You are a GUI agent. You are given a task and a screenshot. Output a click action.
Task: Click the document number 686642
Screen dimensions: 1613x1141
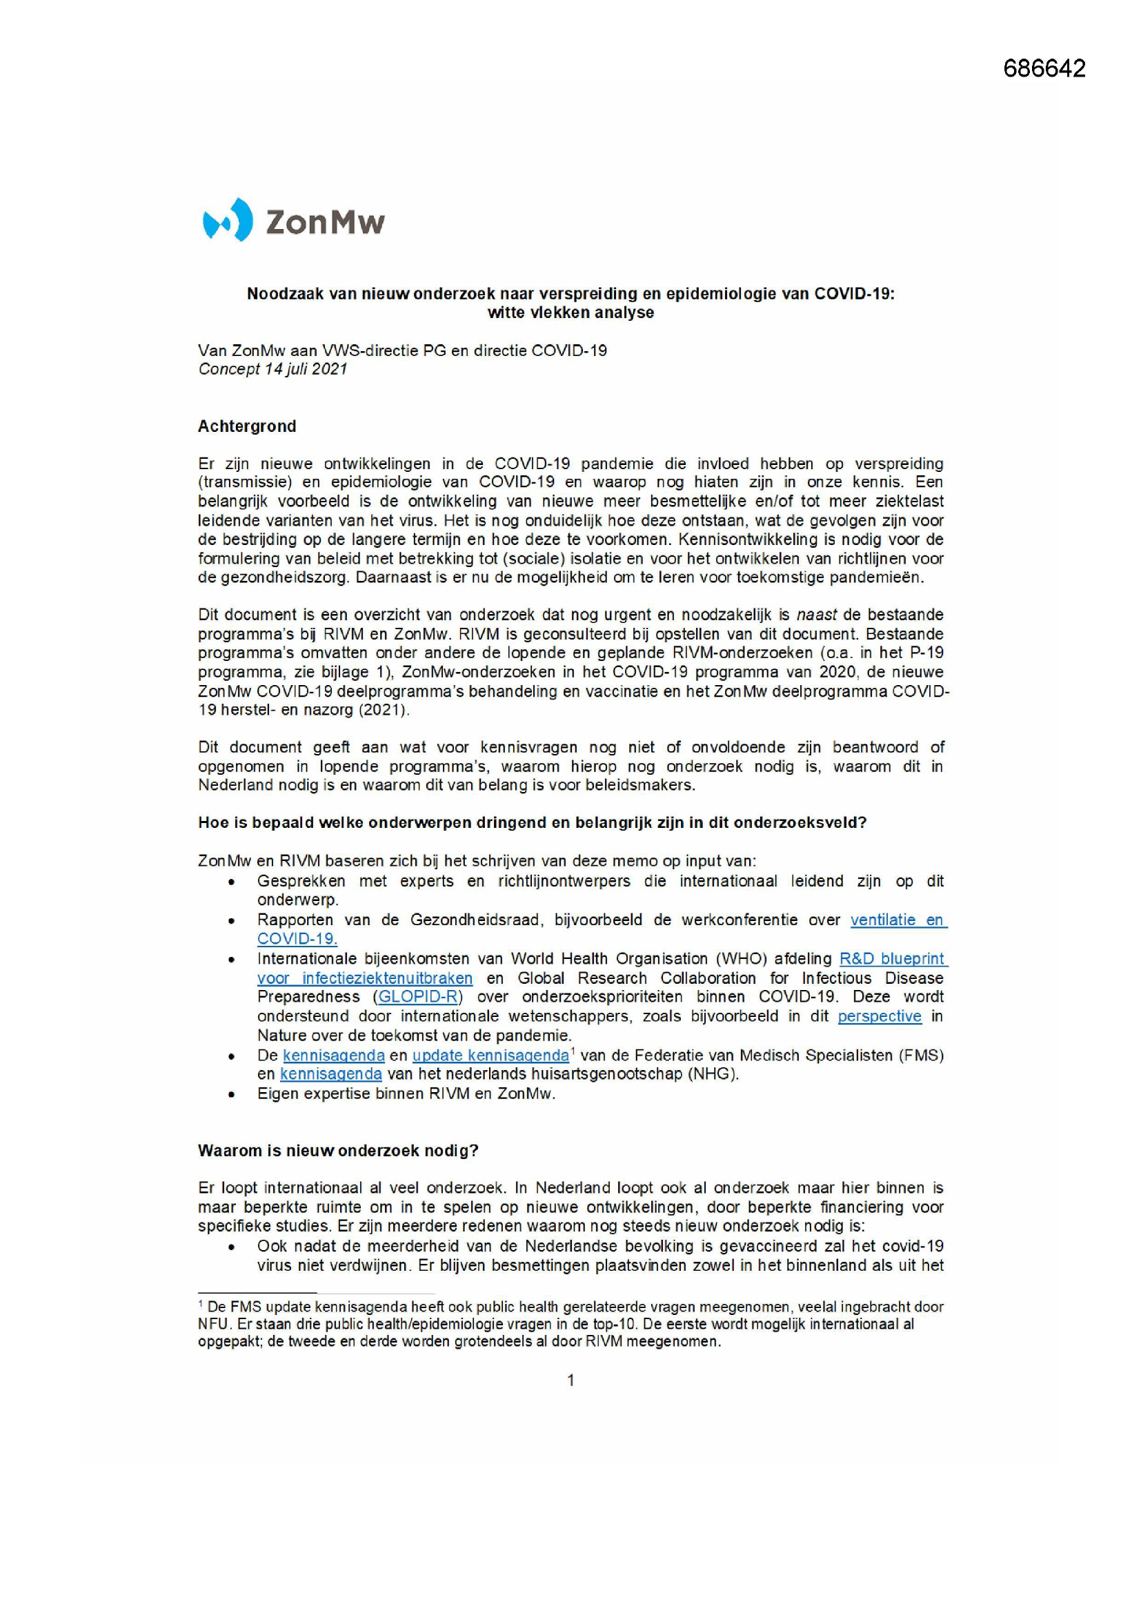(x=1044, y=68)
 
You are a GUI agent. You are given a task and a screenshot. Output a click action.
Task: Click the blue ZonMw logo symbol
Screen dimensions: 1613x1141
(x=227, y=220)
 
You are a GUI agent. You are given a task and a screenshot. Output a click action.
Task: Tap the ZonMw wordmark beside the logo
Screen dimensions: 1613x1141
(x=326, y=222)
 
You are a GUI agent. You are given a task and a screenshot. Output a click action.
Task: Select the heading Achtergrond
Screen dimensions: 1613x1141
(x=246, y=426)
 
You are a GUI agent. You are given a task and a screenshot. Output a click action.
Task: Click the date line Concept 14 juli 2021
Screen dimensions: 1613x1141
(x=272, y=370)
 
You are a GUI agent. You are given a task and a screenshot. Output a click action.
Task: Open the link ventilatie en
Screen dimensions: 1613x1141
(x=898, y=920)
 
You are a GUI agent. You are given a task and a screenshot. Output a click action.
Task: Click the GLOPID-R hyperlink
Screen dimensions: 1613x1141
(x=418, y=997)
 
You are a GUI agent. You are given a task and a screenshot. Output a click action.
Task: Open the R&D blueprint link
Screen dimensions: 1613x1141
(x=892, y=959)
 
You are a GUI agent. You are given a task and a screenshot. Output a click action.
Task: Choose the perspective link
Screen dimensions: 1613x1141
(x=879, y=1016)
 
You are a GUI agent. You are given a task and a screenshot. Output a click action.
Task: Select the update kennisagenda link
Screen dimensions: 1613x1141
(x=490, y=1055)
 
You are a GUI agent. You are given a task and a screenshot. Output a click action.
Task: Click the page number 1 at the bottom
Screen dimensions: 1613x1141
(x=570, y=1381)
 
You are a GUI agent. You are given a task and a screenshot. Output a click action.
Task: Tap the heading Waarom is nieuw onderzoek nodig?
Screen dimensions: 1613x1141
(x=338, y=1151)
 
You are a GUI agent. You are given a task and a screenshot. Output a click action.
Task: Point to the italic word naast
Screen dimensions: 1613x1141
(x=816, y=615)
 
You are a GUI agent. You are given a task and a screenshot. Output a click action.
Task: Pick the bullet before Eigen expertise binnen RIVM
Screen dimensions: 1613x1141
(x=232, y=1094)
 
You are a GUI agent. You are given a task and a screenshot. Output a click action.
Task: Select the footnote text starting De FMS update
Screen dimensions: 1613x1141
(x=570, y=1324)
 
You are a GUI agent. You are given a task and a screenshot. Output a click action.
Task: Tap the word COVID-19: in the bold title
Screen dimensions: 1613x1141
(x=854, y=294)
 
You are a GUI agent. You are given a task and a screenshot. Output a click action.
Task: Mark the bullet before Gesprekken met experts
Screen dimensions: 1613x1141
(x=232, y=882)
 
